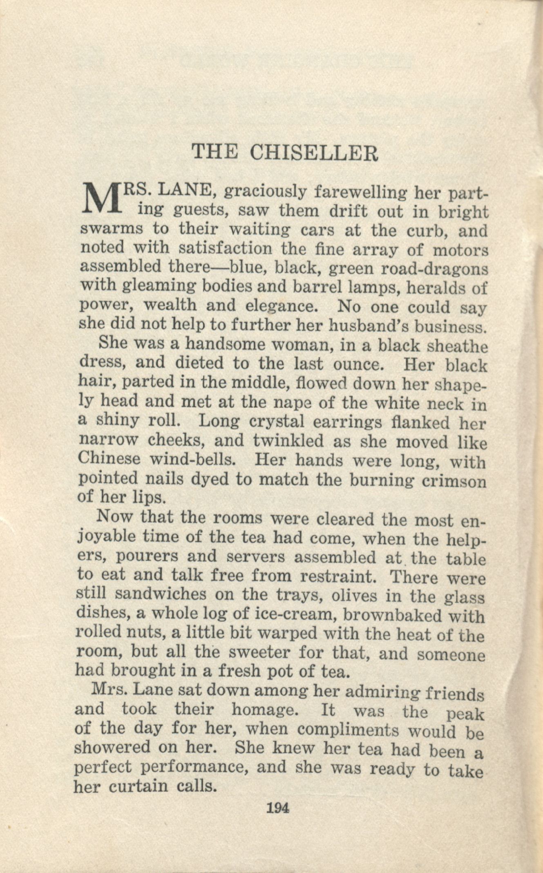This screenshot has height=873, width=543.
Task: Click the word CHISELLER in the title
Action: coord(314,153)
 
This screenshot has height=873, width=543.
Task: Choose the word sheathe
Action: coord(457,346)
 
